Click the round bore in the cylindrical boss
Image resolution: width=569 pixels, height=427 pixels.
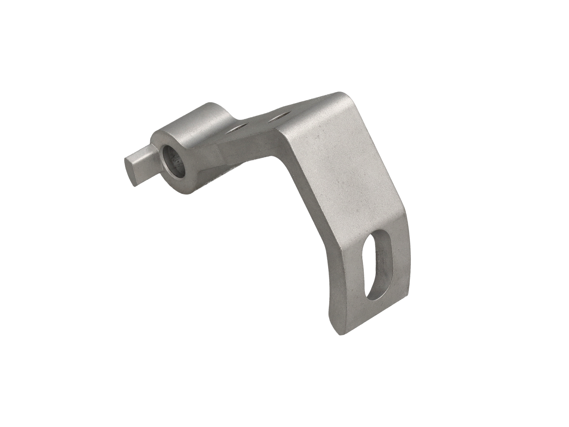(x=173, y=163)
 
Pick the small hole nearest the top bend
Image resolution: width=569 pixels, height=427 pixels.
(x=280, y=117)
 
